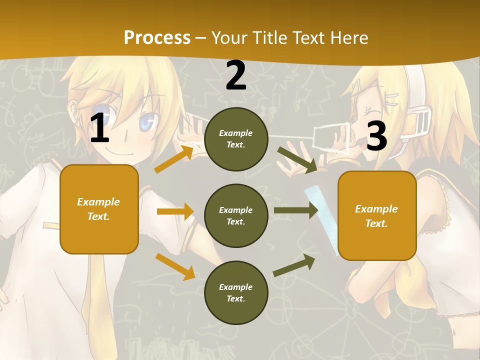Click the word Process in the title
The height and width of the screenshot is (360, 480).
pos(157,37)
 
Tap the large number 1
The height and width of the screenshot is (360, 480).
pos(99,128)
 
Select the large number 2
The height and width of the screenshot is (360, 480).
pos(236,76)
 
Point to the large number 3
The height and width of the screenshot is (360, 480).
pos(376,136)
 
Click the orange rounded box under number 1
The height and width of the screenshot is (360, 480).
pos(99,209)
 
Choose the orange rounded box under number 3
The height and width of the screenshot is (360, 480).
pos(377,216)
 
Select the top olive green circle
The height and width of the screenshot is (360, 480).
pos(236,139)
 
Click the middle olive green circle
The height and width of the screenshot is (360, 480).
pos(236,216)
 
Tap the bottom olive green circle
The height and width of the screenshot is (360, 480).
pos(236,293)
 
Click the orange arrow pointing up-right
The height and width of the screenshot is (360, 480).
pos(174,159)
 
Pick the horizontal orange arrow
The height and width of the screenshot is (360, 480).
pos(175,211)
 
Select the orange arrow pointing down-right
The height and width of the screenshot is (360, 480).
pos(175,266)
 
